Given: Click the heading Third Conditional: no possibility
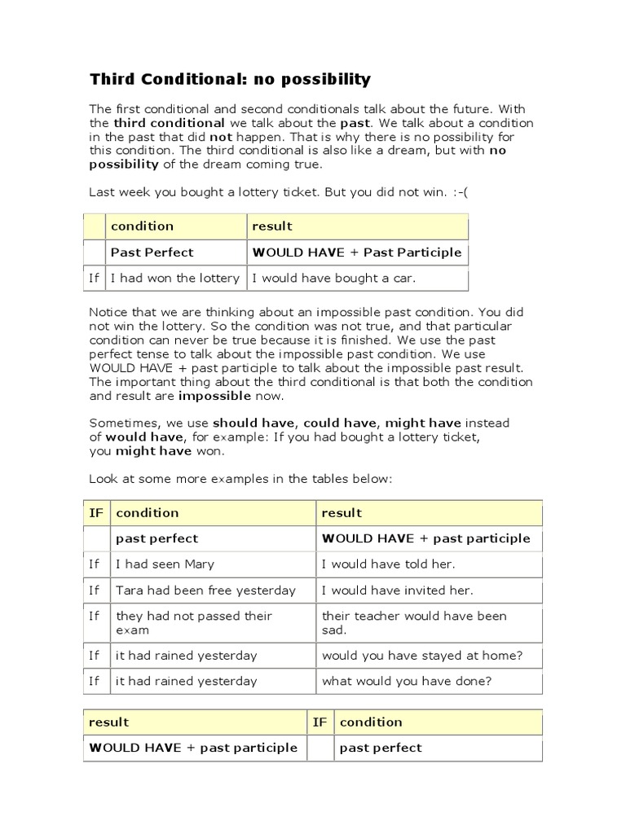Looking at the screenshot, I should click(230, 79).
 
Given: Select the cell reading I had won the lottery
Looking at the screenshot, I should click(175, 279).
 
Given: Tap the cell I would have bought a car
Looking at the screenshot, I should click(334, 279).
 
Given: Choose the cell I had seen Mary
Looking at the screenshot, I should click(165, 564).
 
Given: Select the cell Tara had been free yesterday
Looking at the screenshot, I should click(205, 590).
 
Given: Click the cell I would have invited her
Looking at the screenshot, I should click(397, 590).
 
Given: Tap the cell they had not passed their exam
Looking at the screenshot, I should click(194, 623).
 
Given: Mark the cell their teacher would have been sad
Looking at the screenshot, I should click(414, 623).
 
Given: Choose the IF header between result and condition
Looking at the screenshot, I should click(320, 722).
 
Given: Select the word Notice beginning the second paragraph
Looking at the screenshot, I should click(109, 313).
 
